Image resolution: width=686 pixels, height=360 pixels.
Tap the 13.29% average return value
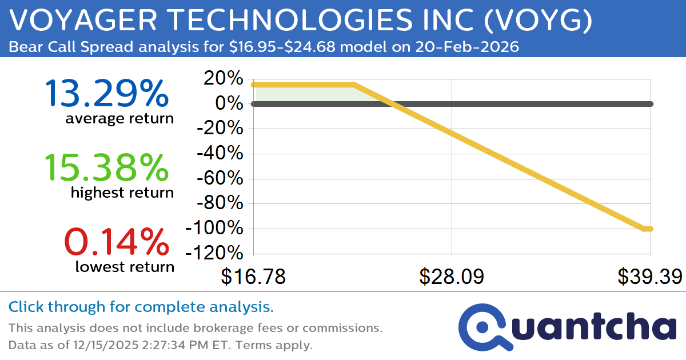point(106,94)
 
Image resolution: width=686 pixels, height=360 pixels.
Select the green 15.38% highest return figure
point(106,168)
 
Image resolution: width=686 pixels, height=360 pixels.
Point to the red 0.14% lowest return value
point(116,242)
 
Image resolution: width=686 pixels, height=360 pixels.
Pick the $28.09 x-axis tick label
point(452,277)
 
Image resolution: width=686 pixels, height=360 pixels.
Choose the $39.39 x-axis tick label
point(649,277)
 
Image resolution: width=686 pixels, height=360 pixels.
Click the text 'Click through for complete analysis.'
point(141,307)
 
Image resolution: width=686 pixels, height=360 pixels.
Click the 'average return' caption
point(119,119)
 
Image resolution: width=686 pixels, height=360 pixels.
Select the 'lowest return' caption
point(125,266)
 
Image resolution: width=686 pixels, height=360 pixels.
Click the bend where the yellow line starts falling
point(354,85)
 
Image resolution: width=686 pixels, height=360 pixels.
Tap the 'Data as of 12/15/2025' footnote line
point(160,345)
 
